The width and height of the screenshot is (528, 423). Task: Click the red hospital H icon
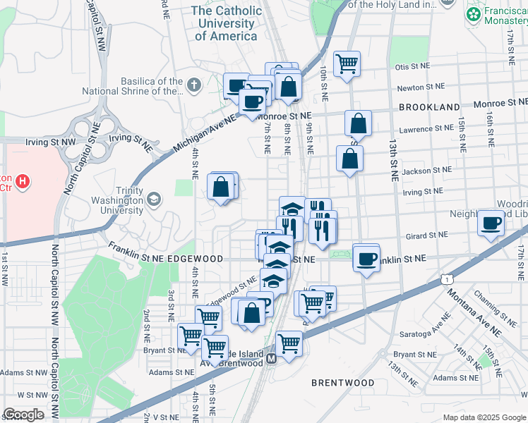(23, 183)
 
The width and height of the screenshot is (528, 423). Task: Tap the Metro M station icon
(271, 359)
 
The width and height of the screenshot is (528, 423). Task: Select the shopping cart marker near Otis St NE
(347, 64)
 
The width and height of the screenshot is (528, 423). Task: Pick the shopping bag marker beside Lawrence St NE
(359, 123)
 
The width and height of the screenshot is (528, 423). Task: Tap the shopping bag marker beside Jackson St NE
(349, 159)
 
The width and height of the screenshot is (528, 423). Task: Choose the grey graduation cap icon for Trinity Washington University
(152, 200)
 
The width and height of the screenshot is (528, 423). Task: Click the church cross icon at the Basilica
(194, 85)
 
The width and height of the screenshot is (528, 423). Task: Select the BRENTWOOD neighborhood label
(343, 383)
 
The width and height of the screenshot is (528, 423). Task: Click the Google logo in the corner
(23, 414)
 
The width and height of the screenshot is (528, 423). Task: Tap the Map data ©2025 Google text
(483, 417)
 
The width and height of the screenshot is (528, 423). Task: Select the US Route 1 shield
(447, 280)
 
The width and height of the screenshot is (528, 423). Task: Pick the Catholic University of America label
(225, 23)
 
